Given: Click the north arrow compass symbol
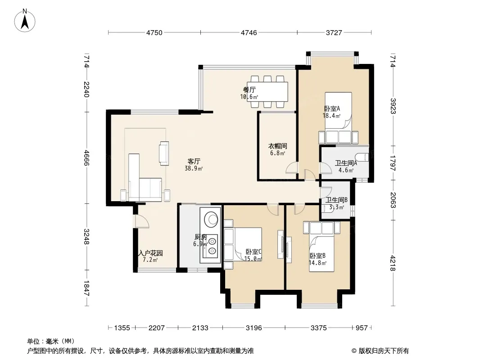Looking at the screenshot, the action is (x=25, y=21).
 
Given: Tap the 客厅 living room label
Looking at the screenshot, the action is (x=194, y=161).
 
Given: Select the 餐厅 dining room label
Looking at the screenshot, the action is (x=249, y=90).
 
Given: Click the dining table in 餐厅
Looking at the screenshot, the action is (x=267, y=91).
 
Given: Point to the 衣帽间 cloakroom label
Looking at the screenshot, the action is (x=278, y=146).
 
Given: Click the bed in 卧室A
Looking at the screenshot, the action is (x=338, y=110).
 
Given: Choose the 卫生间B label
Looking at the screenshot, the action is (x=336, y=200).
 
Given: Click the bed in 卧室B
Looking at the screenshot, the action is (x=322, y=253).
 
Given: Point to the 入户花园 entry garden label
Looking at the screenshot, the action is (x=150, y=253).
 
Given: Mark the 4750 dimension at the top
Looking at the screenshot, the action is (x=154, y=33).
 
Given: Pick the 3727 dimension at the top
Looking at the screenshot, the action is (x=334, y=33).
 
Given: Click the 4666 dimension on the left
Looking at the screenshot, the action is (x=86, y=158).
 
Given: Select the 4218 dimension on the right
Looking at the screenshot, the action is (x=393, y=263).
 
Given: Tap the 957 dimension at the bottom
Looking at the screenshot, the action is (x=362, y=328).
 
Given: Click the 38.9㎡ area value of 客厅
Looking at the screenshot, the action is (x=194, y=168).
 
